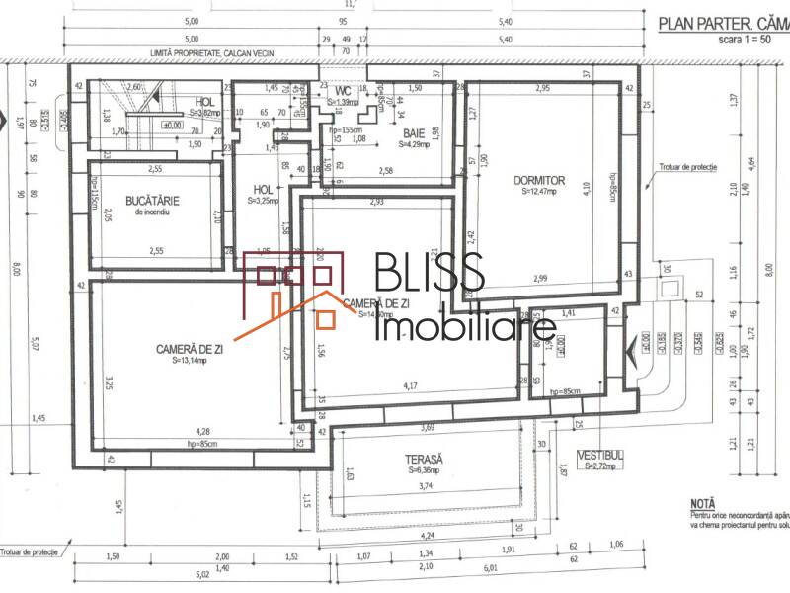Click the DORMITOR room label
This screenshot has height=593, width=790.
click(x=538, y=180)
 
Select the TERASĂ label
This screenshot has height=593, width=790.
click(x=423, y=460)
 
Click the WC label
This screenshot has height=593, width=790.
click(x=342, y=91)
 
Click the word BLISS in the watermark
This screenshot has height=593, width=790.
click(x=429, y=275)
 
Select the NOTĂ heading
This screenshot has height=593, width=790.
click(x=705, y=501)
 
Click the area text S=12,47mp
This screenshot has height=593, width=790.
click(x=539, y=192)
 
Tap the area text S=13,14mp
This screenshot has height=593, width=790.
click(x=187, y=361)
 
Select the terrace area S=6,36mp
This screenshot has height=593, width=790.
click(x=424, y=471)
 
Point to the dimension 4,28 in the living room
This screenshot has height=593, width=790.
click(x=202, y=431)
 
